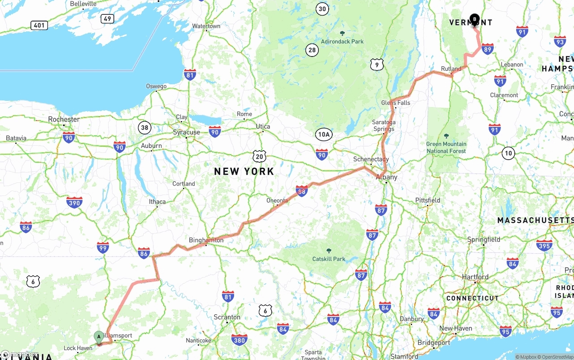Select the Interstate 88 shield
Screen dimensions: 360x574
coord(302,191)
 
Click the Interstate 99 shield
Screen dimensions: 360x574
coord(103,247)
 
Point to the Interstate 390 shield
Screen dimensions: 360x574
coord(74,203)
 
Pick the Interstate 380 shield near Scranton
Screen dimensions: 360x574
coord(239,339)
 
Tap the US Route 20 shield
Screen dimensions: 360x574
coord(259,156)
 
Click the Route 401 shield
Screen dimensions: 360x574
coord(39,25)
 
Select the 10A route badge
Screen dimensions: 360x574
coord(324,134)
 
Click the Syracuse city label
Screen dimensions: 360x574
coord(187,132)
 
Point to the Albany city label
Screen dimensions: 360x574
coord(387,177)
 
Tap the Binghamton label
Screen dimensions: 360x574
coord(206,240)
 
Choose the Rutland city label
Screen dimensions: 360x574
coord(451,69)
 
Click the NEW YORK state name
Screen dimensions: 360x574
coord(244,171)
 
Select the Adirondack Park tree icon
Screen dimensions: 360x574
coord(343,34)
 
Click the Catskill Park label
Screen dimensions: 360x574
coord(329,259)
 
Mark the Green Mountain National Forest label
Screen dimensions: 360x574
coord(446,147)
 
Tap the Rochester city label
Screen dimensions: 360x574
coord(64,119)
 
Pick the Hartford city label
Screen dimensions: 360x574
coord(475,277)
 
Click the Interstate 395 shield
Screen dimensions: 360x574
coord(544,245)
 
